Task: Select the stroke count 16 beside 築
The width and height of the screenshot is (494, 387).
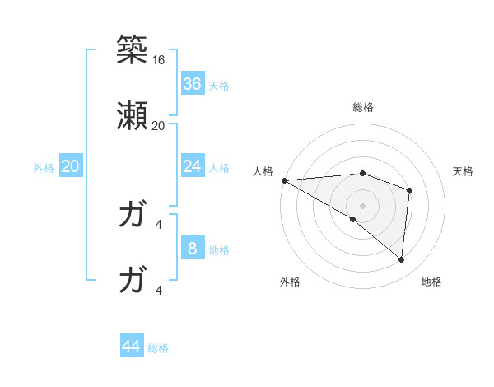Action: [x=158, y=60]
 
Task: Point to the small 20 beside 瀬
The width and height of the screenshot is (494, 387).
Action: [x=158, y=126]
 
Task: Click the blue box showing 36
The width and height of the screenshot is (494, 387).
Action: [x=192, y=83]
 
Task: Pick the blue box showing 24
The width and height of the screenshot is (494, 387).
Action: [x=192, y=166]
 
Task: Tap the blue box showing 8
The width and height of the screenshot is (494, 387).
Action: [x=192, y=249]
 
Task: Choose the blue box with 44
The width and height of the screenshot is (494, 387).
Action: [x=132, y=347]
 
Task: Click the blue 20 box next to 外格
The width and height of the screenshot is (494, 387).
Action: [x=70, y=166]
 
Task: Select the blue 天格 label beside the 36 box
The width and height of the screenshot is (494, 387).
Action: [x=218, y=85]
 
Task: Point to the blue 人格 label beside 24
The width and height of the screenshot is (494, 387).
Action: [x=218, y=168]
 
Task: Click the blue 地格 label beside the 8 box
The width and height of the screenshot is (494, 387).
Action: [x=218, y=250]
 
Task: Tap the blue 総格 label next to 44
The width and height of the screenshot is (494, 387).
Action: [x=158, y=348]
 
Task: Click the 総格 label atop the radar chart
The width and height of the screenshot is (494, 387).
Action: [x=362, y=107]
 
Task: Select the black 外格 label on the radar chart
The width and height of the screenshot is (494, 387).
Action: [x=290, y=282]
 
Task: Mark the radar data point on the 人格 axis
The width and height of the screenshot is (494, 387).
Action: [x=284, y=180]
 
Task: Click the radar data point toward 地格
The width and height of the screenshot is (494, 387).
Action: [x=401, y=259]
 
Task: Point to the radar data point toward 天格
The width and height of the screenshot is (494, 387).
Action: [x=409, y=189]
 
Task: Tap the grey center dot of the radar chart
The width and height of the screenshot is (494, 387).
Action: [x=362, y=204]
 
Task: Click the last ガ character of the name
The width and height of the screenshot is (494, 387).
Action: [x=132, y=280]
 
